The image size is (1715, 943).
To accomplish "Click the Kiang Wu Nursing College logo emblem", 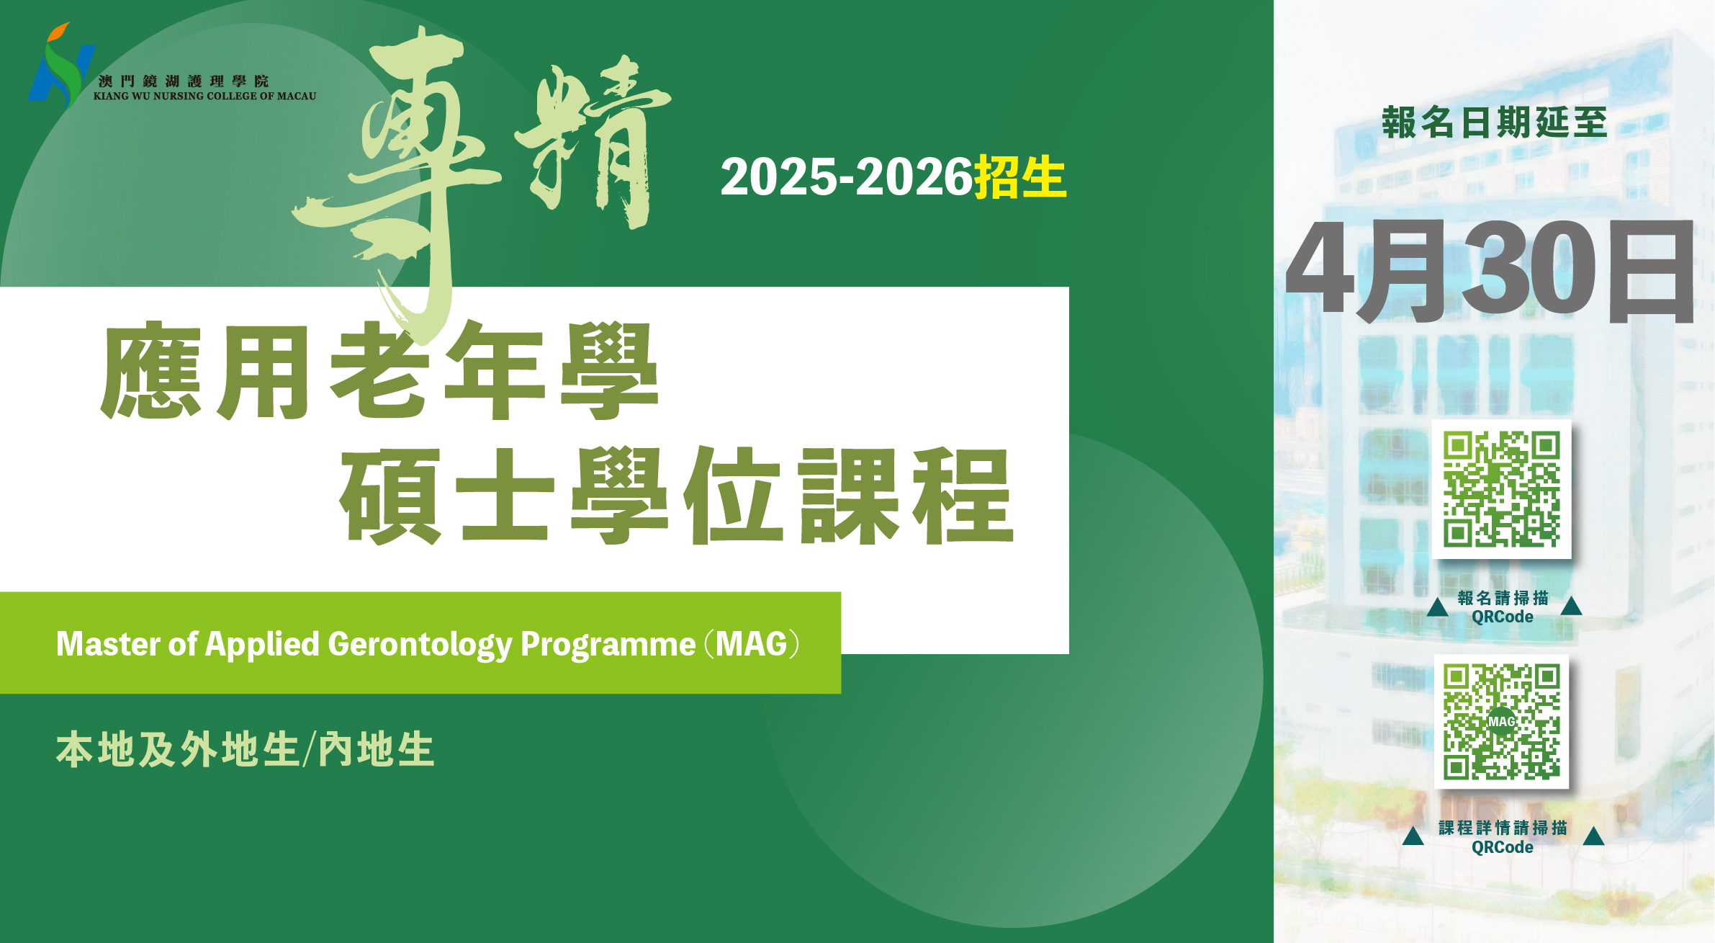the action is (x=60, y=65).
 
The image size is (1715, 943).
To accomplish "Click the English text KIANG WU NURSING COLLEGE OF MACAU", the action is (x=205, y=96).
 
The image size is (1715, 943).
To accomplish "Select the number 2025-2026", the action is (x=847, y=177).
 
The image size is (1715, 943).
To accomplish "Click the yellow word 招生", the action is (x=1020, y=177).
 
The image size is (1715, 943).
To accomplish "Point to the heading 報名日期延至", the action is (x=1495, y=122).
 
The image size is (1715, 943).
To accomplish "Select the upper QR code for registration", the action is (x=1502, y=489).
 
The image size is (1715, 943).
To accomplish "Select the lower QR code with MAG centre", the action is (x=1502, y=722).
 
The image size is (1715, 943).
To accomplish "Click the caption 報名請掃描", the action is (x=1503, y=598).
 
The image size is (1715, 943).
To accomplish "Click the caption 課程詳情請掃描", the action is (x=1503, y=828).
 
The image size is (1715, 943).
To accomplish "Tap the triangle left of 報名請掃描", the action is (x=1438, y=607).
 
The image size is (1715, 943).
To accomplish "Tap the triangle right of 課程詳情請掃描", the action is (x=1594, y=836).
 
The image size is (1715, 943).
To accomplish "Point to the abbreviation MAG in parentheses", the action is (x=752, y=643).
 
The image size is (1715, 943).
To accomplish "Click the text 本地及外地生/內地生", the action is (x=246, y=749).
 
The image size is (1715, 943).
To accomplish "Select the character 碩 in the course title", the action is (x=391, y=496).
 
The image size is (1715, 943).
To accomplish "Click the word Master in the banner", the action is (x=108, y=643).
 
